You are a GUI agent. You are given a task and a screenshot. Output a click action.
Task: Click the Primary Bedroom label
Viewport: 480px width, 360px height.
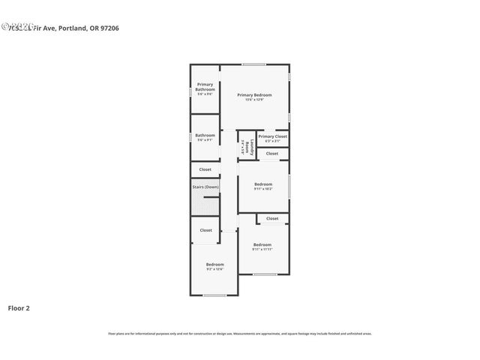click(254, 95)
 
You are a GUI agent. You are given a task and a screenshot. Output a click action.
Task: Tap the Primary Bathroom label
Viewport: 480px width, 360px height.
click(205, 87)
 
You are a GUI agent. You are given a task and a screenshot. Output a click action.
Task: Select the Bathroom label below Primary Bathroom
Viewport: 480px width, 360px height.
click(205, 136)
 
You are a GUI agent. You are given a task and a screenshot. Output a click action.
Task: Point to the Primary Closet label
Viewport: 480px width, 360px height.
click(272, 136)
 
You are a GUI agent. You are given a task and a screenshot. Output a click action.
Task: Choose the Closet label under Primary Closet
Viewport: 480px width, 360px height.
click(272, 154)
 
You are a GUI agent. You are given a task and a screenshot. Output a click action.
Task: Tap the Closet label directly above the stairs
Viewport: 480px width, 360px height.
click(205, 169)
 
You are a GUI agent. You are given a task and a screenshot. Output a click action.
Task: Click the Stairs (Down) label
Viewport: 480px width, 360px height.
click(205, 186)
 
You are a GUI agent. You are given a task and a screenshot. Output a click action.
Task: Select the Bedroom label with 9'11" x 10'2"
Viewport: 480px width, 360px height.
click(262, 184)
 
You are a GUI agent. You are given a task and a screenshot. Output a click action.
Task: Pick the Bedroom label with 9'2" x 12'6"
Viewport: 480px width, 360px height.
click(215, 265)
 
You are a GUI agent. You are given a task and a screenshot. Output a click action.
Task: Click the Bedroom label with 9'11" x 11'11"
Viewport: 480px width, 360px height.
click(262, 245)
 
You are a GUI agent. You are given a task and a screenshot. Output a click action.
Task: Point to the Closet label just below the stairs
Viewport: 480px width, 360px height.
click(205, 230)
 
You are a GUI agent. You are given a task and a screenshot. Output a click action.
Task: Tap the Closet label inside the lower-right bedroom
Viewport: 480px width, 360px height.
click(272, 218)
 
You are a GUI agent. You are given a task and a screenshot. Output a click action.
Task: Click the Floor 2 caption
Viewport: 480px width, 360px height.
click(19, 307)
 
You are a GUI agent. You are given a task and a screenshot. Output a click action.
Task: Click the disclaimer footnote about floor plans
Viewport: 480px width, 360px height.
click(239, 334)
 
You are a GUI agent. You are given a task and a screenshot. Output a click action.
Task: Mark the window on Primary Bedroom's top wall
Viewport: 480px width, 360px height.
click(253, 64)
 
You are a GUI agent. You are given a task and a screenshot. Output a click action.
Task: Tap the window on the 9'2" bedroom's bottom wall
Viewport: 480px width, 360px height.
click(214, 295)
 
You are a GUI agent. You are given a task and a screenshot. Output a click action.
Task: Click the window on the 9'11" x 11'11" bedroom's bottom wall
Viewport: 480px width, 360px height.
click(264, 274)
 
